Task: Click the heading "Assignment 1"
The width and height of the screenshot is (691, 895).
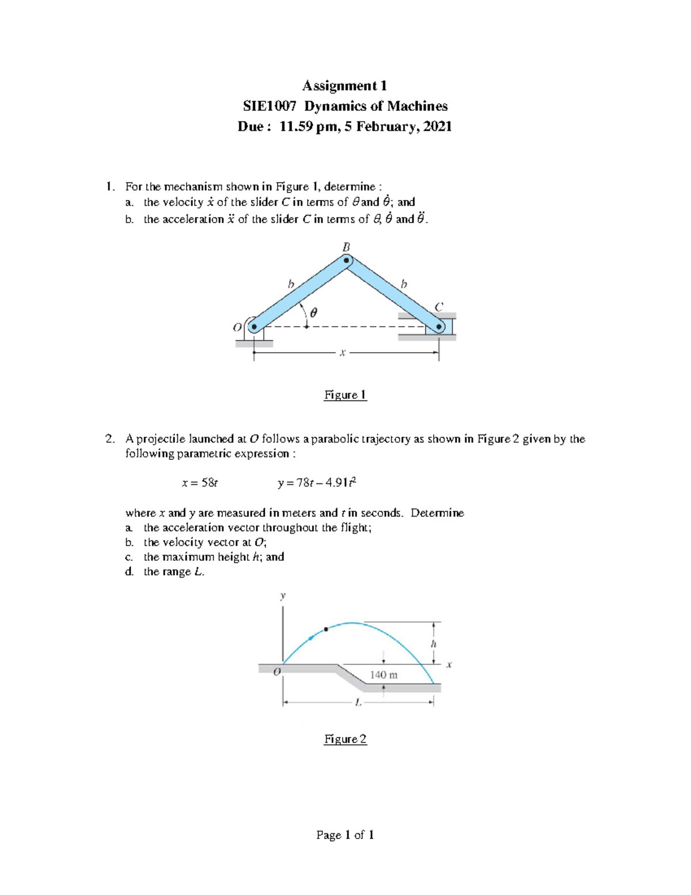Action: point(344,86)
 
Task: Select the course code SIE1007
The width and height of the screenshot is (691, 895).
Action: point(269,106)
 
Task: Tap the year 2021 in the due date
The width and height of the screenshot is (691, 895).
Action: point(437,126)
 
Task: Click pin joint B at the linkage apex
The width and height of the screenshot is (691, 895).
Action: point(346,260)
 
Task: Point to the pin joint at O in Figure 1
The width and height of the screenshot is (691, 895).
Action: point(253,327)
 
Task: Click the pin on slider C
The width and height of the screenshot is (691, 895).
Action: point(439,327)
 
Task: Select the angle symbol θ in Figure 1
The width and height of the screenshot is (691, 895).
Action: point(313,312)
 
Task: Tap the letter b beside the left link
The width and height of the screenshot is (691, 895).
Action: point(291,284)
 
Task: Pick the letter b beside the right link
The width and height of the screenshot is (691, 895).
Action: point(403,284)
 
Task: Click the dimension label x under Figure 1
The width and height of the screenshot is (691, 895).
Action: point(342,353)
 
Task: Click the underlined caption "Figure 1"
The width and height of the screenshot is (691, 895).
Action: point(345,395)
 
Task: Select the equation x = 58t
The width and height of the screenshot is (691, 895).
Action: point(200,483)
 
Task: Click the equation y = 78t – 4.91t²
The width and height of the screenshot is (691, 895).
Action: point(317,482)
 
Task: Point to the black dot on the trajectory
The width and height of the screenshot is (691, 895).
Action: point(326,629)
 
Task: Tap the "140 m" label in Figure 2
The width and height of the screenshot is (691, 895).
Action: point(384,675)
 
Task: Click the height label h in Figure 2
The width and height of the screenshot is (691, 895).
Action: point(434,644)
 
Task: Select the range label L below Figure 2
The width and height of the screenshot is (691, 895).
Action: point(358,703)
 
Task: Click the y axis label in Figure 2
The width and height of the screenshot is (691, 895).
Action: point(282,596)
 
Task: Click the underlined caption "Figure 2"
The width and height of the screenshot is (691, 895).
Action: point(345,739)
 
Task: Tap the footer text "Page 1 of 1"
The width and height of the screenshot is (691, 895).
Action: point(345,834)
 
